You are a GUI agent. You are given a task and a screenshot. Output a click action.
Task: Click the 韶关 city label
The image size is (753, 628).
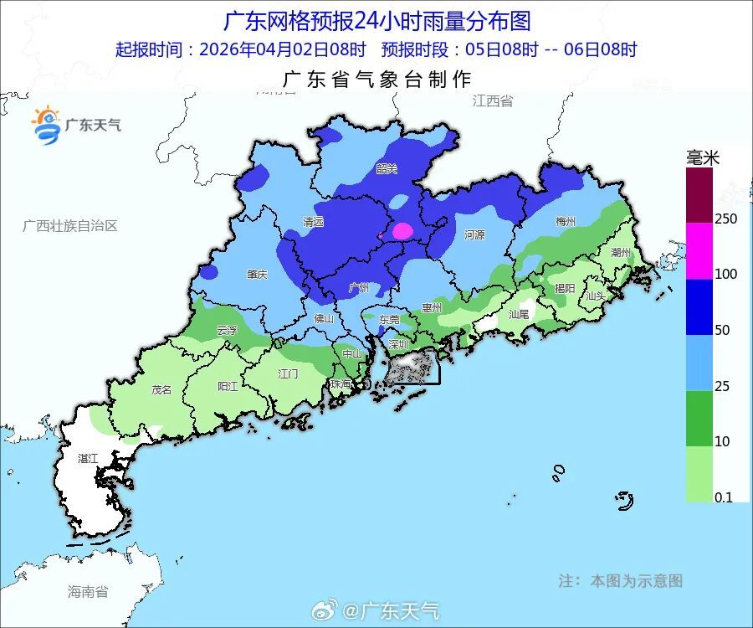(387, 168)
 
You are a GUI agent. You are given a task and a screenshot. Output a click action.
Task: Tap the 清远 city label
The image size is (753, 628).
(313, 223)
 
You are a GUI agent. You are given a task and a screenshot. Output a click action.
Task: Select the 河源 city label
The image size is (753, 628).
(474, 235)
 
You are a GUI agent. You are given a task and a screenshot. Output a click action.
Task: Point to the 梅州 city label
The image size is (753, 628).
(566, 222)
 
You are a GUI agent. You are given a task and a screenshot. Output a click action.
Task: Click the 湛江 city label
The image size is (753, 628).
(88, 458)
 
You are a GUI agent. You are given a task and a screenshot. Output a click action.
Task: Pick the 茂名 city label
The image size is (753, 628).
(161, 389)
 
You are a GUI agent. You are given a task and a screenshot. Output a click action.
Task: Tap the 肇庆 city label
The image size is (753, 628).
(257, 274)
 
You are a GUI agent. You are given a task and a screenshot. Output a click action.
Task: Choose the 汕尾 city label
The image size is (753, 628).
(519, 315)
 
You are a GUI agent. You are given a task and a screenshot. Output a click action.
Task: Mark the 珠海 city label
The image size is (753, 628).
(341, 383)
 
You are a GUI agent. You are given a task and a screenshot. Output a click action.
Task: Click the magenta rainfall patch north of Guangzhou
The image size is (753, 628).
(403, 230)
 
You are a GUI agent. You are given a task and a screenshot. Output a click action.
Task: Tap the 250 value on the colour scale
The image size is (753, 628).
(726, 219)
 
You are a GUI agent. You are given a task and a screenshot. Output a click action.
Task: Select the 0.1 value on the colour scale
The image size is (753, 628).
(724, 497)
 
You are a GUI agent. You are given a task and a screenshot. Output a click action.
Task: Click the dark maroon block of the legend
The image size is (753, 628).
(699, 194)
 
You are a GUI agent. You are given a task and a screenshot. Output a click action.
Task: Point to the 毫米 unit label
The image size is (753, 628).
(703, 157)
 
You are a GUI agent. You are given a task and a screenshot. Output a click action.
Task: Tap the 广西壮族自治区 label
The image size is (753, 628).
(70, 226)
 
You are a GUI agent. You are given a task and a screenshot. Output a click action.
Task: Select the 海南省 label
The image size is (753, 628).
(88, 592)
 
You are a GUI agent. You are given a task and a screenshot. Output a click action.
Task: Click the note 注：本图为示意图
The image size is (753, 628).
(620, 580)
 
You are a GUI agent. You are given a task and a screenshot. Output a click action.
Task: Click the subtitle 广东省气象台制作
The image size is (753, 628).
(377, 80)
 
